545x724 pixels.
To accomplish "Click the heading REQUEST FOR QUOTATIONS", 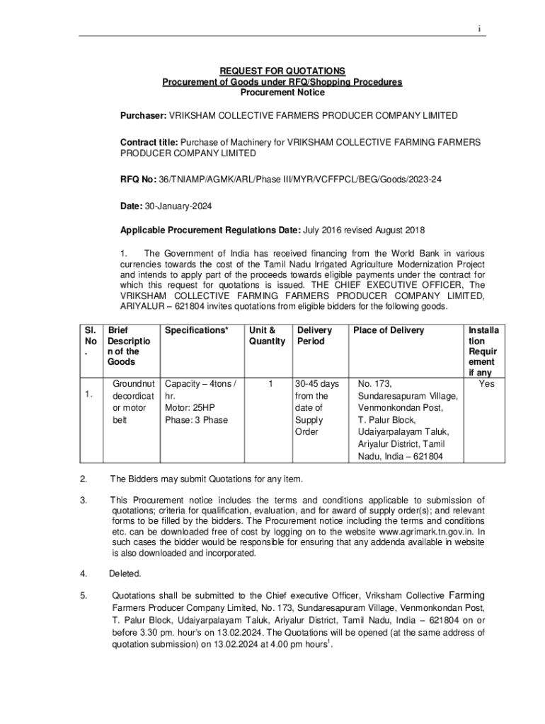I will tap(282, 71).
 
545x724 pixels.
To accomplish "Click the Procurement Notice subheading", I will tap(282, 93).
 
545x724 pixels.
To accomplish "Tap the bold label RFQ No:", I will tap(137, 180).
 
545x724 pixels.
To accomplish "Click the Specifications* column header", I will tap(197, 330).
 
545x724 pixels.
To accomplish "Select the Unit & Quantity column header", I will tap(266, 336).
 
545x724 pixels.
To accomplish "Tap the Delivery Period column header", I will tap(315, 336).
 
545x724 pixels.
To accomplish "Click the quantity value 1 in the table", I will tap(270, 384).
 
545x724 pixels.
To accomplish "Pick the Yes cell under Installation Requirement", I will tap(486, 384).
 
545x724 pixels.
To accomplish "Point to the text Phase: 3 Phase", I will tap(196, 420).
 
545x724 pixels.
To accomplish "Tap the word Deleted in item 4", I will tap(125, 573).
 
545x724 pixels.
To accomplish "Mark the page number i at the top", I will tap(479, 29).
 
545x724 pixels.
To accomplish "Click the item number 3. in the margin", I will tap(84, 501).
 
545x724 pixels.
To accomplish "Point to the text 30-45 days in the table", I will tap(318, 384).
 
